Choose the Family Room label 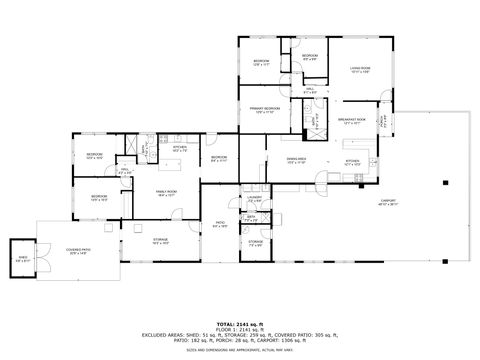(165, 193)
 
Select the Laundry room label (254, 198)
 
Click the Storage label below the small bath (256, 243)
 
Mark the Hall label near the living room (310, 90)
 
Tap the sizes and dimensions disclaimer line (239, 351)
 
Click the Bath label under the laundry (252, 217)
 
